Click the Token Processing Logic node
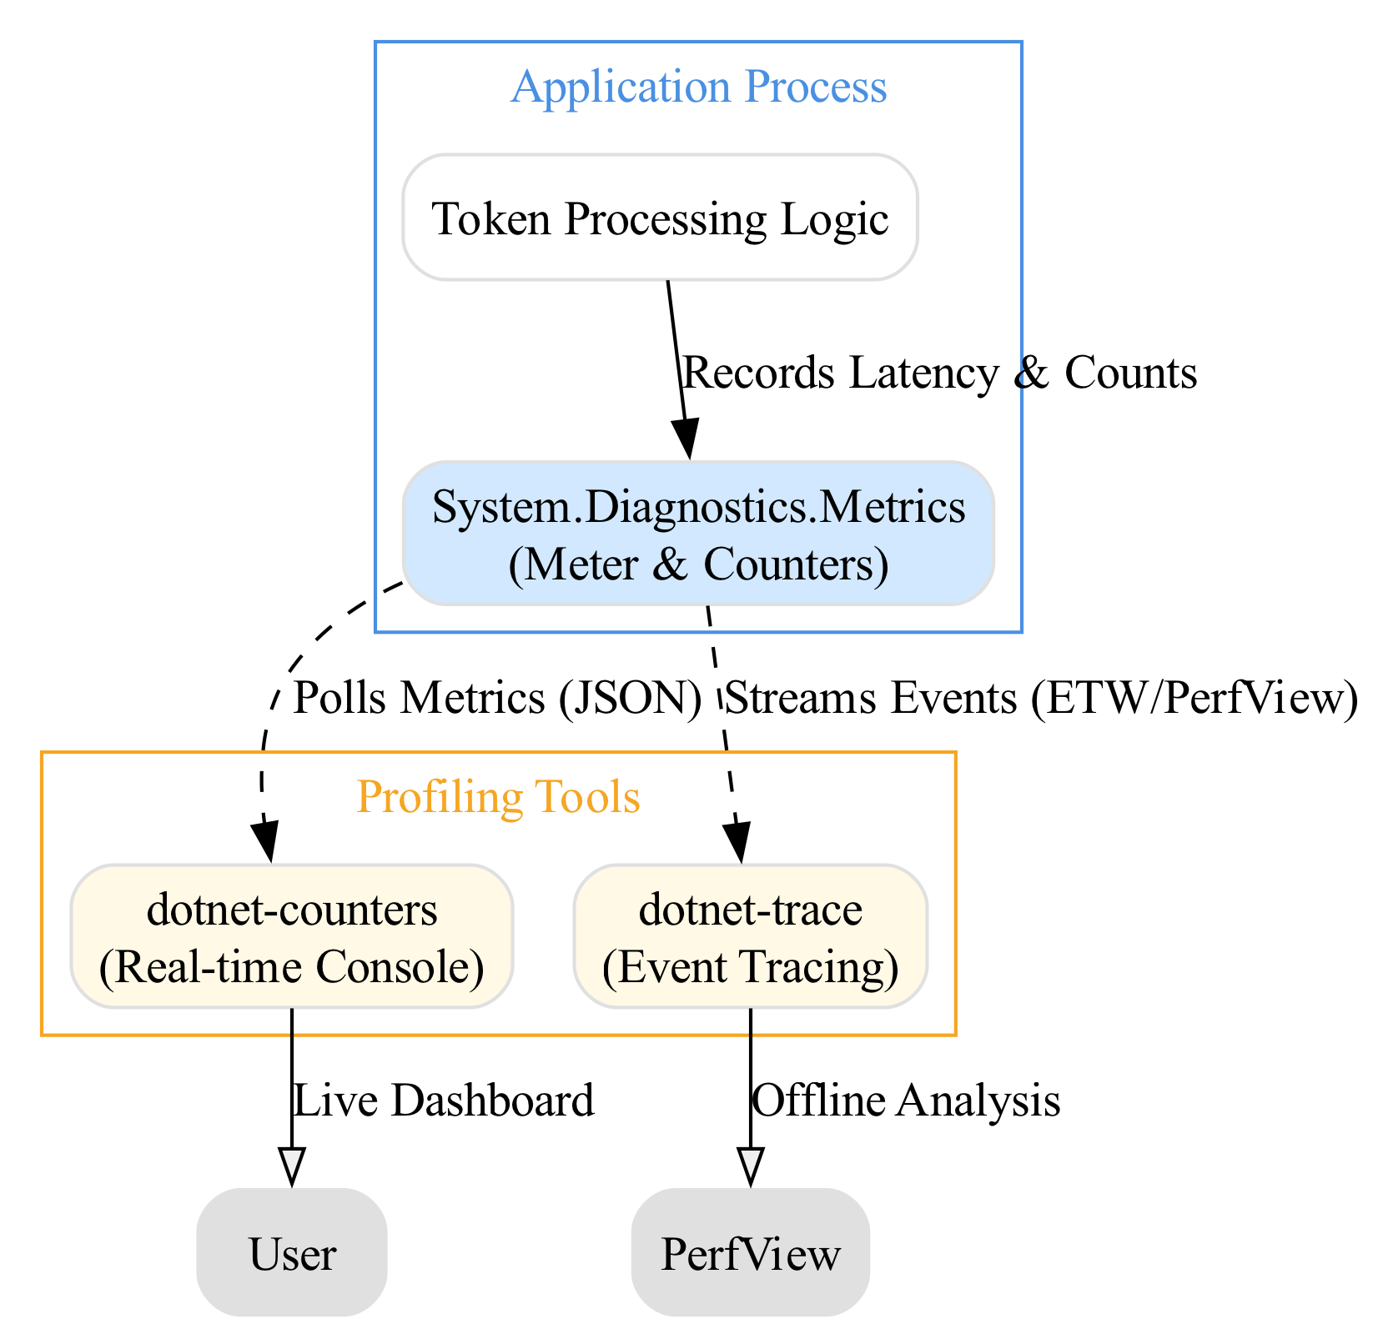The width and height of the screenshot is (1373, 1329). (660, 218)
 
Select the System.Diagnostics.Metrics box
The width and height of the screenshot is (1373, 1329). (698, 534)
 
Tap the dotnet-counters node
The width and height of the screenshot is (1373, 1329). (292, 936)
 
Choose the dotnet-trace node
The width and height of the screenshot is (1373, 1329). (751, 936)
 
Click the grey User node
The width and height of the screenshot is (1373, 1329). (292, 1253)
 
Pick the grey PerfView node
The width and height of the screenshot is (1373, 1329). (751, 1253)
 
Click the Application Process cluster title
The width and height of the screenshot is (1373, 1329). (699, 87)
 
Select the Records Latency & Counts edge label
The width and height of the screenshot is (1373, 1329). (940, 373)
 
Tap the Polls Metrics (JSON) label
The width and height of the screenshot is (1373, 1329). (497, 698)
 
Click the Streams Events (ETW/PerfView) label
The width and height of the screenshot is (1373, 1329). (1042, 698)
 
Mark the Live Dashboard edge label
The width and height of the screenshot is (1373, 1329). (444, 1101)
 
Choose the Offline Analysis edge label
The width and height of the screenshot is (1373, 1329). (906, 1101)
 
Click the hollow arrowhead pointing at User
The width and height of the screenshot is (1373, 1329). (292, 1166)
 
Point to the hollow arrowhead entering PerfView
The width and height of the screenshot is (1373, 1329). (751, 1166)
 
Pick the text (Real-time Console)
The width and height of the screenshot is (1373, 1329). (292, 967)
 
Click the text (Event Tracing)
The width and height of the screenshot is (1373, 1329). (751, 967)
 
